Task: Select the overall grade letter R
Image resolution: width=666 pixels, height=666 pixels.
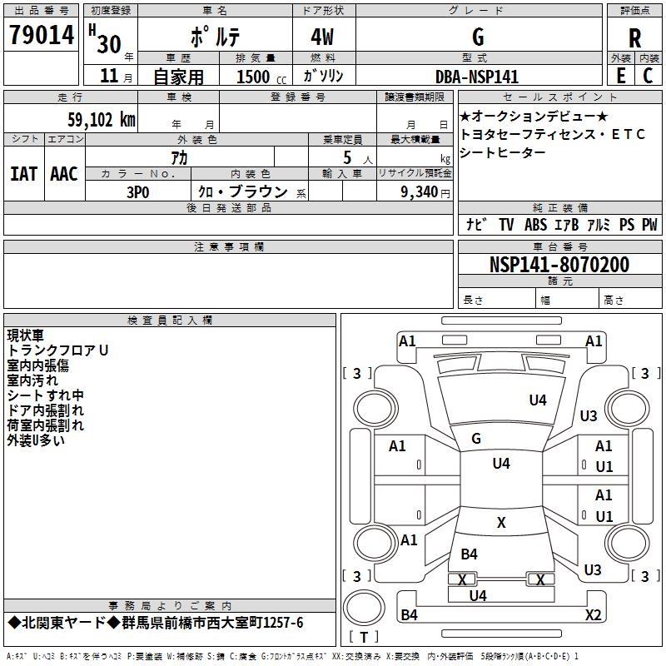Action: pyautogui.click(x=634, y=37)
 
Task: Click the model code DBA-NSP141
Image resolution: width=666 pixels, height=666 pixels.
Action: pyautogui.click(x=477, y=77)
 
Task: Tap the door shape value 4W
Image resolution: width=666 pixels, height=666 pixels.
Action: pyautogui.click(x=325, y=37)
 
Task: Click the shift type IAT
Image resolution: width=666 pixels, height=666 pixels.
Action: pyautogui.click(x=23, y=173)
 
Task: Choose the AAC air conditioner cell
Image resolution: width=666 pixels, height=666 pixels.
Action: pyautogui.click(x=64, y=173)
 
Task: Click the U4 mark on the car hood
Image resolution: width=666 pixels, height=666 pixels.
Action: pyautogui.click(x=538, y=400)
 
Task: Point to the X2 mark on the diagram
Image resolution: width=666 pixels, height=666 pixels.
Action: pyautogui.click(x=593, y=614)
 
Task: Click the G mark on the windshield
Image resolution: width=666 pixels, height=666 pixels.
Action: pyautogui.click(x=476, y=438)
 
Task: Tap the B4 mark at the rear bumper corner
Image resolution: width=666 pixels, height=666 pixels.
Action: pyautogui.click(x=409, y=615)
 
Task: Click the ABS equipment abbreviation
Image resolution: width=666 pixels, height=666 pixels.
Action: pyautogui.click(x=535, y=225)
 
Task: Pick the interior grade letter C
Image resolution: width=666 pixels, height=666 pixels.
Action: pyautogui.click(x=648, y=76)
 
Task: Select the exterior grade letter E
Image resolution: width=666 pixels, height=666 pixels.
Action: pyautogui.click(x=620, y=76)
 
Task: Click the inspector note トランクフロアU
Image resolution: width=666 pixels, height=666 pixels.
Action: pyautogui.click(x=58, y=350)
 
